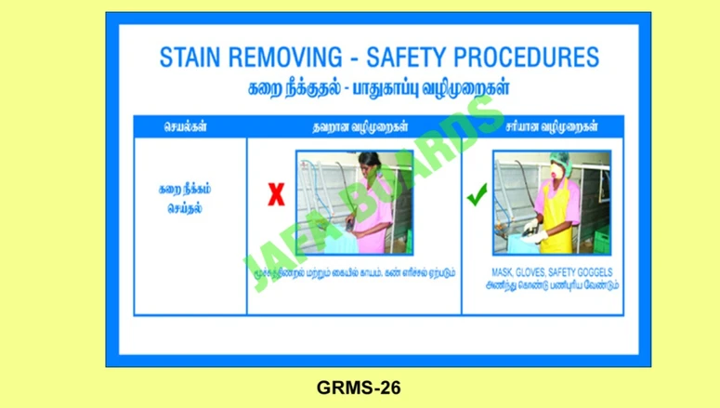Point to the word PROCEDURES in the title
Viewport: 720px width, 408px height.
tap(532, 59)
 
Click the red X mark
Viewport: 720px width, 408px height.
tap(276, 195)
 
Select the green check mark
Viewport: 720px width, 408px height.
tap(478, 195)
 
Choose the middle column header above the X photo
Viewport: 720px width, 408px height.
tap(354, 126)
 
